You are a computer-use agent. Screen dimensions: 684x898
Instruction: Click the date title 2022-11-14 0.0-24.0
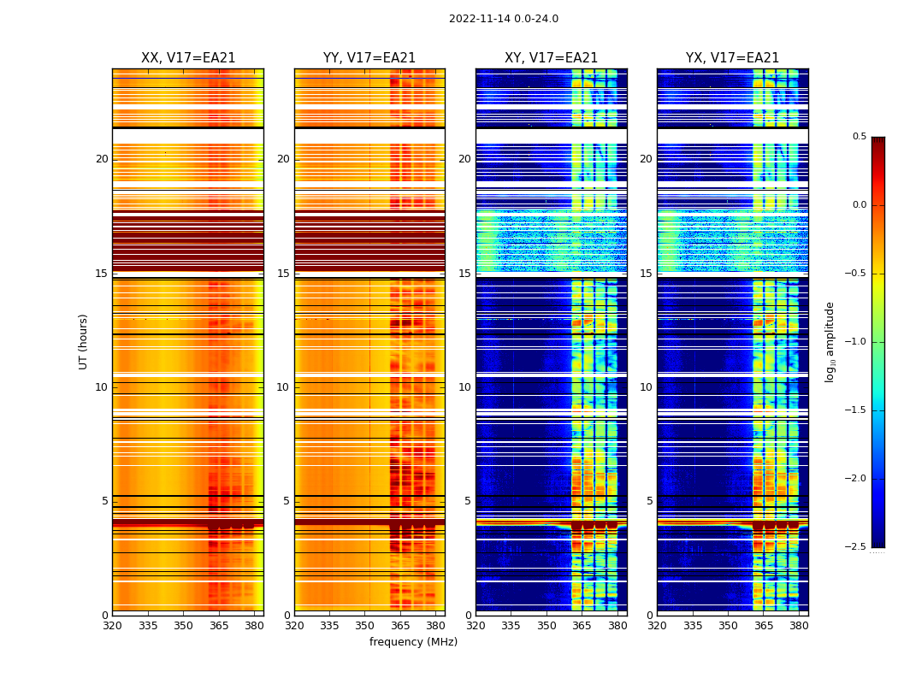pos(504,19)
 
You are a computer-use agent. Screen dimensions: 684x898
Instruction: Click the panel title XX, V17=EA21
pos(188,58)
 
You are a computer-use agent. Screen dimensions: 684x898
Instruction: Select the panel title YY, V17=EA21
pos(369,58)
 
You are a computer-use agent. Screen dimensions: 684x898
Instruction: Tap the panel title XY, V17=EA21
pos(551,58)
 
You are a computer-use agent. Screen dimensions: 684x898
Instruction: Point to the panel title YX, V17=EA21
pos(732,58)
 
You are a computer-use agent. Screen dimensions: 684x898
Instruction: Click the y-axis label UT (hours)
pos(84,341)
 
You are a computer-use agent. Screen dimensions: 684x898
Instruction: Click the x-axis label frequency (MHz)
pos(413,642)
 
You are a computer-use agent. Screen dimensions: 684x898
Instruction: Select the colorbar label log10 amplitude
pos(830,341)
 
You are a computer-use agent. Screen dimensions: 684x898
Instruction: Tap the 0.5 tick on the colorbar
pos(859,137)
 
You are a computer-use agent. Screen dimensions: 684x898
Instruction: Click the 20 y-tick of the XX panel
pos(102,159)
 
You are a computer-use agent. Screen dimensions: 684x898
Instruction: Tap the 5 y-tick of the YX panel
pos(649,501)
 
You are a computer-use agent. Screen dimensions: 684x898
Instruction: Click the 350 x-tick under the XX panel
pos(183,625)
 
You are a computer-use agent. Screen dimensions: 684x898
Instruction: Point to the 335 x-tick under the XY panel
pos(511,625)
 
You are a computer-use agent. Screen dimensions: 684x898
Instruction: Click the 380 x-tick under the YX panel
pos(799,625)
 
